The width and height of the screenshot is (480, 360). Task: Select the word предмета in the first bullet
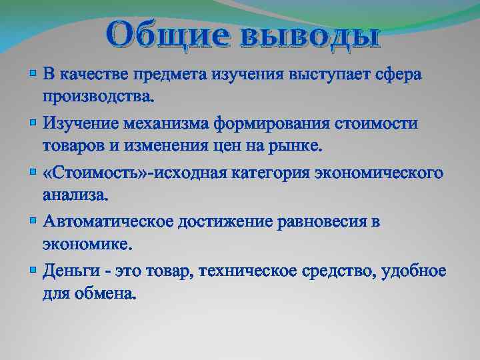169,74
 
